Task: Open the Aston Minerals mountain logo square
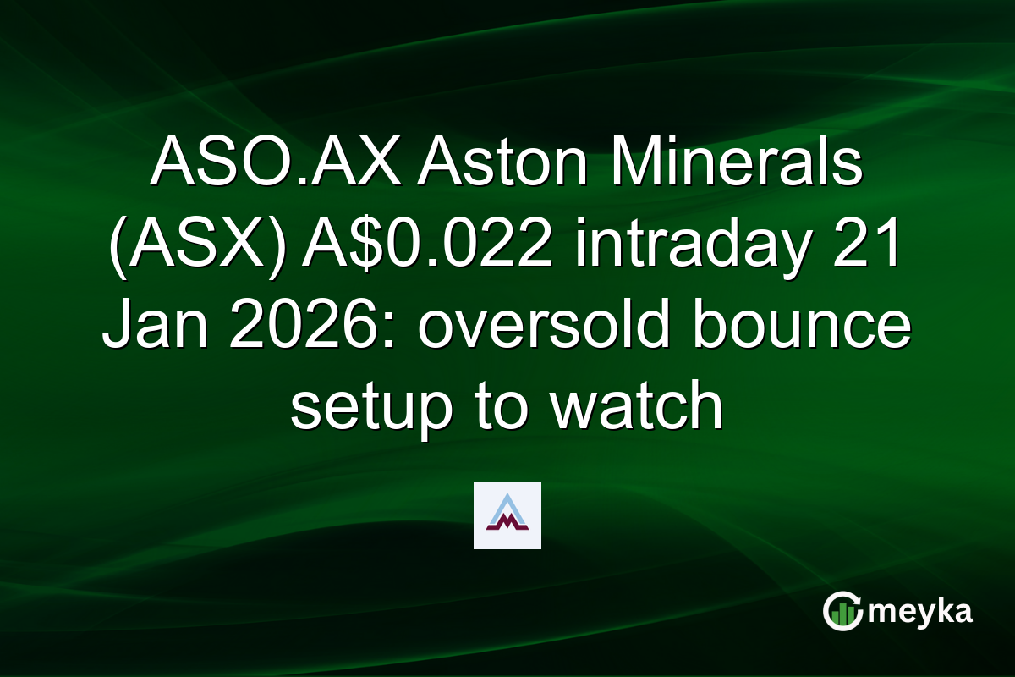pyautogui.click(x=507, y=515)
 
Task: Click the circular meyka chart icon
pyautogui.click(x=842, y=612)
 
